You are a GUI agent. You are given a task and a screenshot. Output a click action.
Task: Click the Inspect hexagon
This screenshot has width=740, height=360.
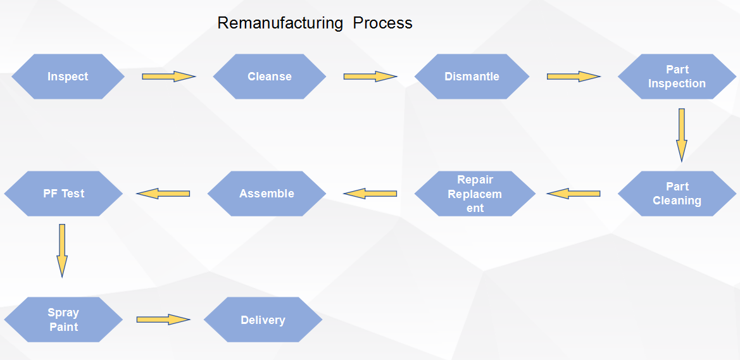(68, 77)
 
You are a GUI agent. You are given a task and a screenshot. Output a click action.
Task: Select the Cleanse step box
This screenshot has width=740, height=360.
(270, 77)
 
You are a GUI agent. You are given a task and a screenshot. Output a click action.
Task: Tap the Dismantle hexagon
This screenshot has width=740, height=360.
(472, 77)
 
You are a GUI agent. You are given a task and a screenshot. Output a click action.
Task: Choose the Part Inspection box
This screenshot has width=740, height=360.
(677, 77)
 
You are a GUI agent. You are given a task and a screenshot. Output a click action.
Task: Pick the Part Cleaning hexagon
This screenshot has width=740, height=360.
(677, 194)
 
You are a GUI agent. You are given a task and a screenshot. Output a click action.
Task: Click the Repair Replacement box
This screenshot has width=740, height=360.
(475, 194)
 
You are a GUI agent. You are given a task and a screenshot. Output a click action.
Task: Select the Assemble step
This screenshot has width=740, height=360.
(267, 194)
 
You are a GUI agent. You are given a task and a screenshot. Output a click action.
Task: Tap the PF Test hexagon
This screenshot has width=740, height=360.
(63, 194)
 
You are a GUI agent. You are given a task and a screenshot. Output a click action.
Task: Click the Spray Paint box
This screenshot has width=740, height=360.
(63, 320)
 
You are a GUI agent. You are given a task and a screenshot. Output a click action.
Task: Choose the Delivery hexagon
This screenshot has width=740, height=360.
(263, 320)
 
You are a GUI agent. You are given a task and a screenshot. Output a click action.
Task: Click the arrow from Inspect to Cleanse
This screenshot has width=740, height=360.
(168, 77)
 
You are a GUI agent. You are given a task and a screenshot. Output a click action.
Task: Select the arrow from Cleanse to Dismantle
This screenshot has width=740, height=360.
(370, 77)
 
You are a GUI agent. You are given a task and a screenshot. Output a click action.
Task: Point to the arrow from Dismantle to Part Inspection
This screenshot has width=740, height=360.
(574, 77)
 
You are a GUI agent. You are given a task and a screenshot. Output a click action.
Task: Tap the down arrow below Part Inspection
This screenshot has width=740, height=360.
(682, 135)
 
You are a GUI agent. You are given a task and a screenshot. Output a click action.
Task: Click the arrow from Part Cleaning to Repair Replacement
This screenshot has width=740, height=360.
(574, 194)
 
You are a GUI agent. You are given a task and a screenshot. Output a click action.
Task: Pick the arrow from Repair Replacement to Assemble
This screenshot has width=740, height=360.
(370, 194)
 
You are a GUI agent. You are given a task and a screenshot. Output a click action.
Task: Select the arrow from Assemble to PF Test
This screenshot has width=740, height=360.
(163, 194)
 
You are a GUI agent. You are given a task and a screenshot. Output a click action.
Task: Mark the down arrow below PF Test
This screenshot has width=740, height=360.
(62, 251)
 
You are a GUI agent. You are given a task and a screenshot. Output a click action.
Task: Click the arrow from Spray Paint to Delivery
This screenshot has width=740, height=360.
(163, 320)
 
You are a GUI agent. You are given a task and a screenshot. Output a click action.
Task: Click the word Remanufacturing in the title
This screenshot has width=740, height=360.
(280, 23)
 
